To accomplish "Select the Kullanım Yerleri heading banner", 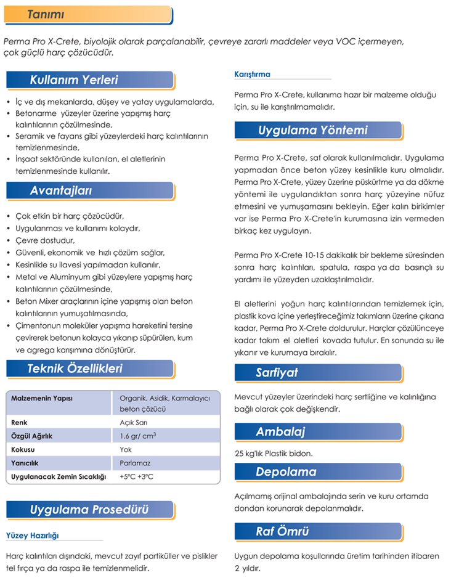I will (74, 80).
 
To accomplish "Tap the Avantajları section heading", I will (61, 191).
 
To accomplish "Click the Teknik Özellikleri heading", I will (75, 369).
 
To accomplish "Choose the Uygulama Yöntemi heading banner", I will (312, 130).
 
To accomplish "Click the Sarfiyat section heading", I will (277, 372).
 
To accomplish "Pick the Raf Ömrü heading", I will (282, 531).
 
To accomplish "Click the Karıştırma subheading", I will (253, 75).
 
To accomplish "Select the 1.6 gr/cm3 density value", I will (137, 436).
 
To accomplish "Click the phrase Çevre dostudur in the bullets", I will (44, 240).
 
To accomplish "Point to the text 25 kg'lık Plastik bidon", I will (274, 454).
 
